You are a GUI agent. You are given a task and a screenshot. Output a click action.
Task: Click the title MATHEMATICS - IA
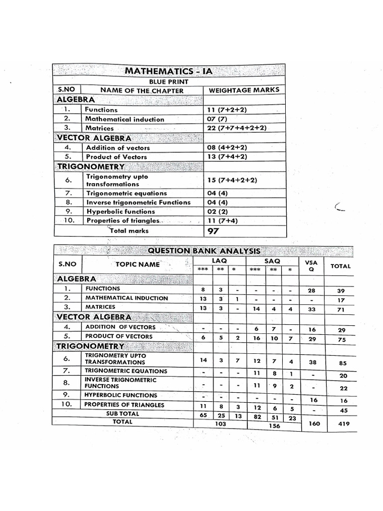tap(169, 71)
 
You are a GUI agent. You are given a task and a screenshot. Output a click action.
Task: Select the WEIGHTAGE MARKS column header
tap(243, 90)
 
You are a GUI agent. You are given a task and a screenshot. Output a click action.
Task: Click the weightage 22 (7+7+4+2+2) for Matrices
tap(237, 128)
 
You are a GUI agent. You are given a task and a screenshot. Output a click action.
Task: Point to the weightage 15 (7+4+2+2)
tap(232, 180)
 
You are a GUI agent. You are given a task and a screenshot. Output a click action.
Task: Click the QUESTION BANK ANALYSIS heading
tap(203, 251)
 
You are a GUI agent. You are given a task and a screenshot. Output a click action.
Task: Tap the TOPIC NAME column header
tap(138, 264)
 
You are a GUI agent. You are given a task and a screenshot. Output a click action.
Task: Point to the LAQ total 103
tap(220, 424)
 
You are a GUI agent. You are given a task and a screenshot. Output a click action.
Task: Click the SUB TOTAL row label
tap(123, 414)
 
